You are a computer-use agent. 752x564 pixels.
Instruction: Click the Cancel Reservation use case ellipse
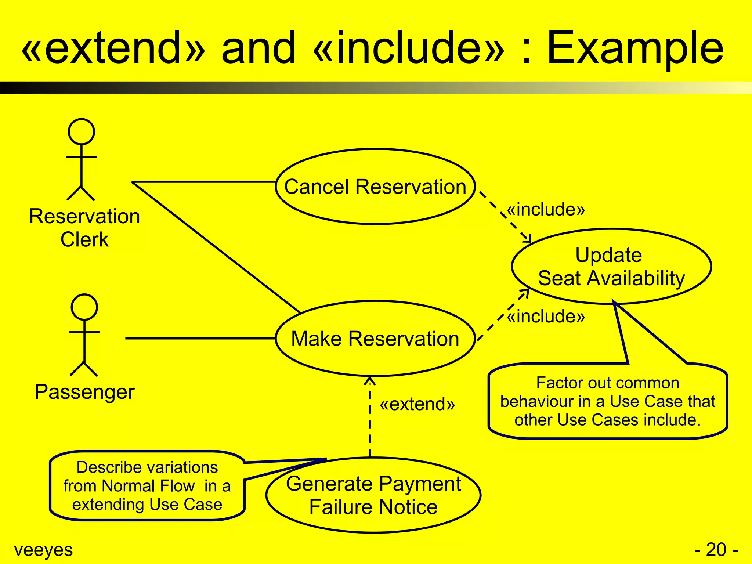click(x=375, y=187)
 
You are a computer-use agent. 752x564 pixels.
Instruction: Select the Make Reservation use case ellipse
click(x=375, y=338)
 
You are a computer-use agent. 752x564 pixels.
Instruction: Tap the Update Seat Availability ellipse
click(x=611, y=267)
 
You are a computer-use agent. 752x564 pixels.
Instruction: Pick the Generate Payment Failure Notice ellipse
click(x=373, y=495)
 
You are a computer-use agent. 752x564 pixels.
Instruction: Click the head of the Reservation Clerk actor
click(x=82, y=131)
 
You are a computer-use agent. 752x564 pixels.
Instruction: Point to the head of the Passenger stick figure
click(x=84, y=307)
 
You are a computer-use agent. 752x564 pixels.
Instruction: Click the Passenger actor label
click(x=85, y=392)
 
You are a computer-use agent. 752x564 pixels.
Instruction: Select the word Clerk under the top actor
click(x=84, y=240)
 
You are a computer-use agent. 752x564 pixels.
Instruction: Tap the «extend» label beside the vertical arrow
click(x=417, y=404)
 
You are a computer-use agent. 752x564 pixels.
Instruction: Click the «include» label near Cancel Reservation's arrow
click(x=546, y=209)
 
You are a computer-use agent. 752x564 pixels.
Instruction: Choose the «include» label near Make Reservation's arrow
click(x=546, y=316)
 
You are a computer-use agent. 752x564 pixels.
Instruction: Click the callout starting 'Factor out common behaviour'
click(x=608, y=401)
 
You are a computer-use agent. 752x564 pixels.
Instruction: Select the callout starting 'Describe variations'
click(x=147, y=485)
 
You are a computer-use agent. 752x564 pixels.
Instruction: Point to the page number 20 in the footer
click(x=716, y=550)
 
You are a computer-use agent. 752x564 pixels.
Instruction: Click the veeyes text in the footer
click(x=43, y=550)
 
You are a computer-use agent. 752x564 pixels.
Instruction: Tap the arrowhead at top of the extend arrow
click(x=370, y=380)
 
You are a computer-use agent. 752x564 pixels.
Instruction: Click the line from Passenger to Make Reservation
click(x=200, y=338)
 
